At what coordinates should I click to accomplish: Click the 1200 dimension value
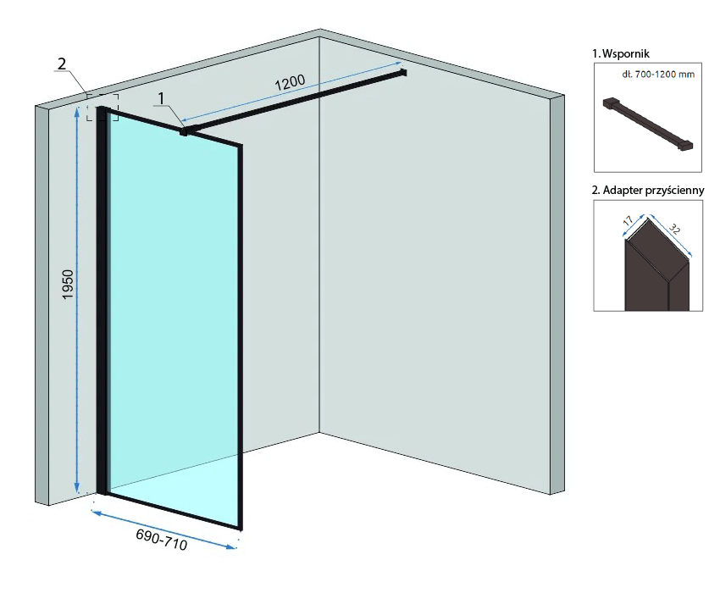coord(289,85)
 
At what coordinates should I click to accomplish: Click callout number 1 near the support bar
coord(160,99)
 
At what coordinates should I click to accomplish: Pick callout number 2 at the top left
coord(61,64)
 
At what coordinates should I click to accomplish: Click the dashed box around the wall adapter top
coord(102,107)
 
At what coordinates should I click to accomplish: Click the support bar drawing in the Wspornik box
coord(648,123)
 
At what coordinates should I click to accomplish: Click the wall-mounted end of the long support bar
coord(403,74)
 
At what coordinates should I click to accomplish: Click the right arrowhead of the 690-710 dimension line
coord(234,550)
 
